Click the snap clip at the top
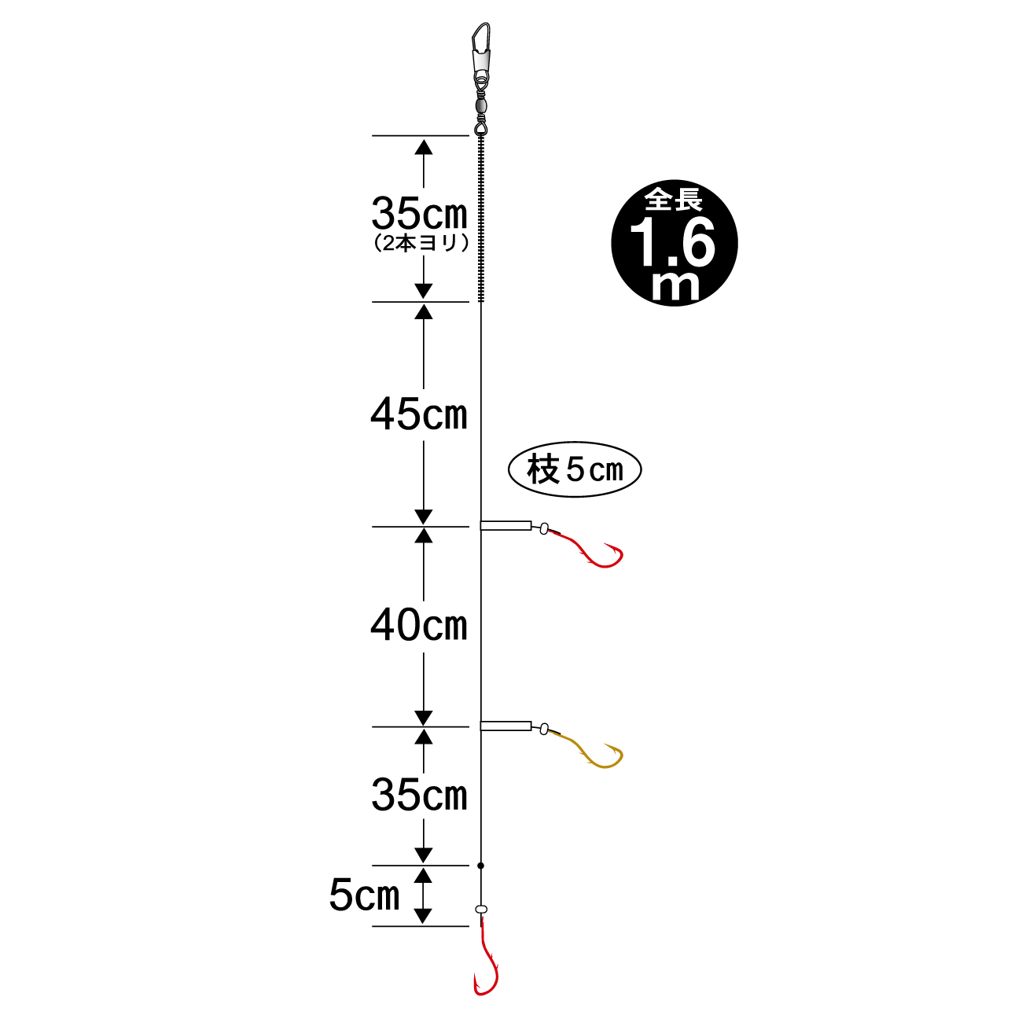pos(481,50)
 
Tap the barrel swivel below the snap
pos(480,106)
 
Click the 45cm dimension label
pos(419,414)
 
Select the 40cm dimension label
pos(419,625)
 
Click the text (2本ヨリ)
pos(421,244)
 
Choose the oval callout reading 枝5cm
pos(575,469)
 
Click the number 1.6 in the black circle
pos(672,242)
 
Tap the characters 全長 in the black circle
pos(674,200)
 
